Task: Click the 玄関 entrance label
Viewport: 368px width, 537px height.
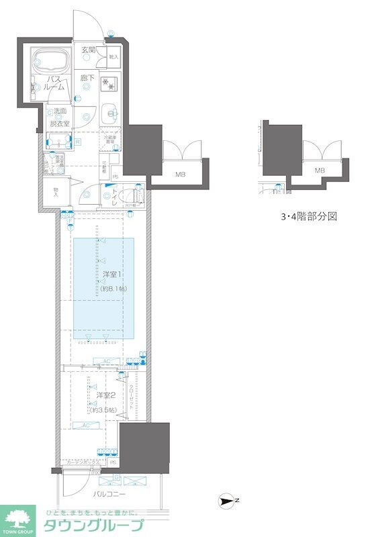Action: (89, 50)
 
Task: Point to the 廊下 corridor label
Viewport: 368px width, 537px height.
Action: (88, 79)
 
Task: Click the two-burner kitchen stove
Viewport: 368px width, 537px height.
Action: (109, 85)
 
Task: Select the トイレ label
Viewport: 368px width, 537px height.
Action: (115, 195)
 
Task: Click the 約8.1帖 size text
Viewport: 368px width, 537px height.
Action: (114, 288)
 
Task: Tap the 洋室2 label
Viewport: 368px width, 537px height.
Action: (103, 395)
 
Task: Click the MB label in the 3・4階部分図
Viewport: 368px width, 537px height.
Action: (320, 170)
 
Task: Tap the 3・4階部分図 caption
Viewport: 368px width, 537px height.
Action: (308, 217)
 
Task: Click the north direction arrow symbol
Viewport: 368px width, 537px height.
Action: (230, 499)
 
